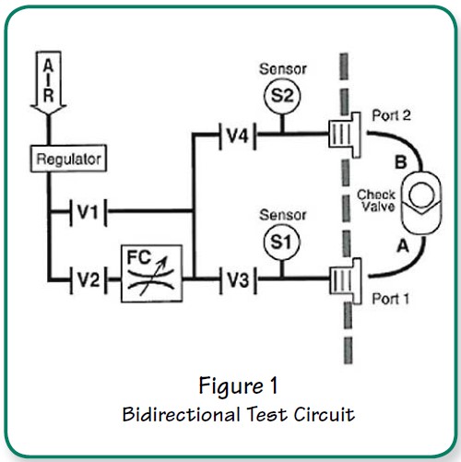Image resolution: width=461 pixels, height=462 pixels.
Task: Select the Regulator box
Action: click(x=66, y=159)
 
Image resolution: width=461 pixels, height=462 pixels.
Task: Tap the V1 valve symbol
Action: click(x=89, y=213)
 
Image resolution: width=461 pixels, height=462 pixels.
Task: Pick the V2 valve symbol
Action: click(x=89, y=276)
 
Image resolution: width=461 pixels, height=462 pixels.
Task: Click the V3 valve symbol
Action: click(x=236, y=276)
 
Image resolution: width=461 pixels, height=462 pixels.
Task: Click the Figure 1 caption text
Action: click(x=238, y=382)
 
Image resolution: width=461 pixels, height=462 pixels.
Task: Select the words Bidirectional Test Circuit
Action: click(x=238, y=413)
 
